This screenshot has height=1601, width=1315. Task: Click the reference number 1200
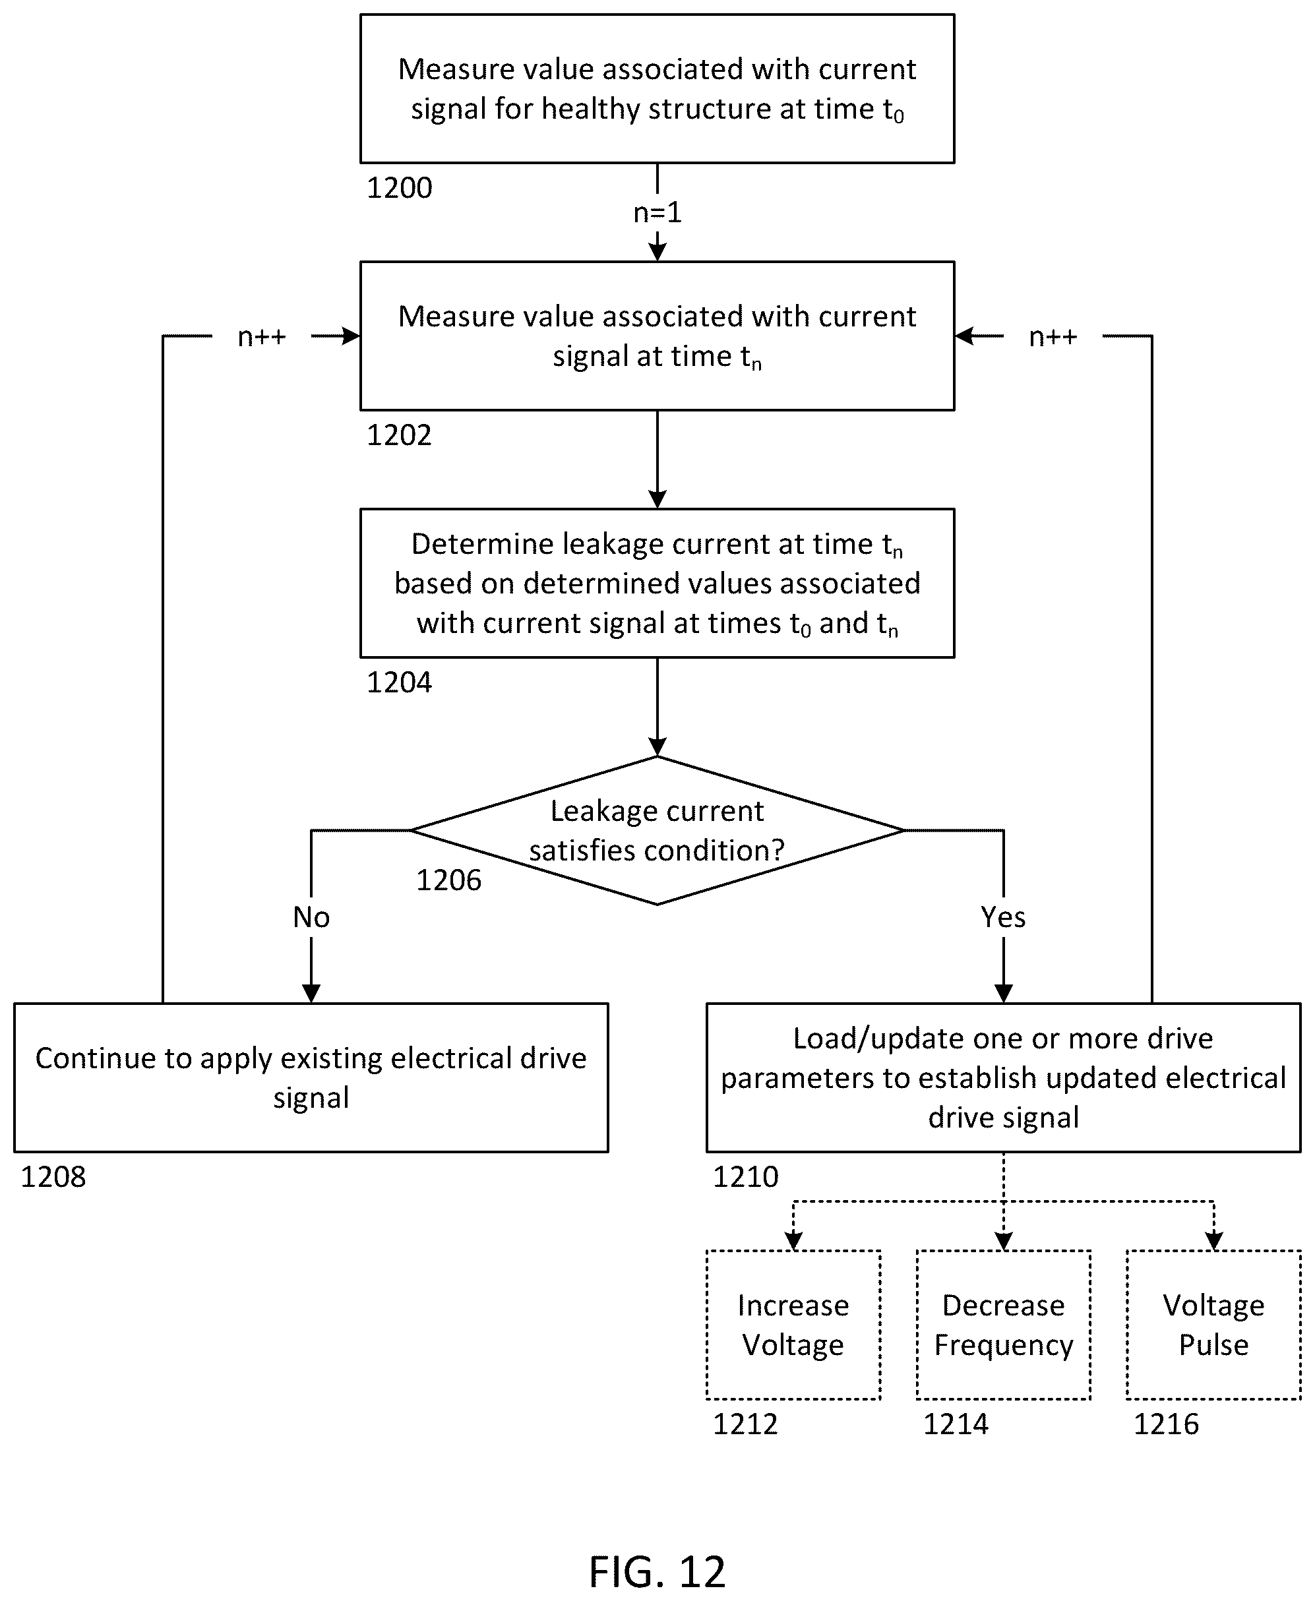coord(399,188)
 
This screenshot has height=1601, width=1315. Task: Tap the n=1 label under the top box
coord(657,213)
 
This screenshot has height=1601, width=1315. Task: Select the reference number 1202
coord(399,435)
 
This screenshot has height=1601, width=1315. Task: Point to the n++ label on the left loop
coord(262,336)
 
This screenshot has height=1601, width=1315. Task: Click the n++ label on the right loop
coord(1053,336)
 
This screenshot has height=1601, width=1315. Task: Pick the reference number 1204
coord(399,682)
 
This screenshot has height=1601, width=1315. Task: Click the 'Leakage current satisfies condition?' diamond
coord(657,830)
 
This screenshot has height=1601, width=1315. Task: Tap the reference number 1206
coord(448,880)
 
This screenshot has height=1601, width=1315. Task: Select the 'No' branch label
coord(311,917)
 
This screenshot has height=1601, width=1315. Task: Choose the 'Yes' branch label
coord(1003,917)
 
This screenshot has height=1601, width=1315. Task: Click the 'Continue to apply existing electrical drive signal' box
coord(311,1077)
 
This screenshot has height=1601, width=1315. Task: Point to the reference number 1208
coord(53,1177)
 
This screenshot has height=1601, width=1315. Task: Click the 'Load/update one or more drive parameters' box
coord(1003,1077)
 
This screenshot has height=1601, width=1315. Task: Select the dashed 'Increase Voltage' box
coord(793,1325)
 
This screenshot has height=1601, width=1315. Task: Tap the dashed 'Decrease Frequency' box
coord(1003,1325)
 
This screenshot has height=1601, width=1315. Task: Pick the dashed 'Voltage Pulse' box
coord(1213,1325)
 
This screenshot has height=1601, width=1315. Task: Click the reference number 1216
coord(1166,1424)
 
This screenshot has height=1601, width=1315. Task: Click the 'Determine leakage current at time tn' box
coord(657,583)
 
